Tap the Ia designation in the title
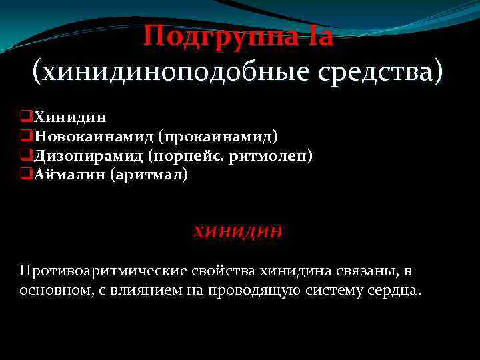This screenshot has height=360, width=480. (319, 35)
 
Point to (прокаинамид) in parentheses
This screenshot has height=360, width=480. (218, 137)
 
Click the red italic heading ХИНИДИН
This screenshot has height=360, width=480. (238, 232)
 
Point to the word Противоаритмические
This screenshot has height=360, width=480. (105, 272)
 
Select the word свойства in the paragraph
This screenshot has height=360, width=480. (225, 272)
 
